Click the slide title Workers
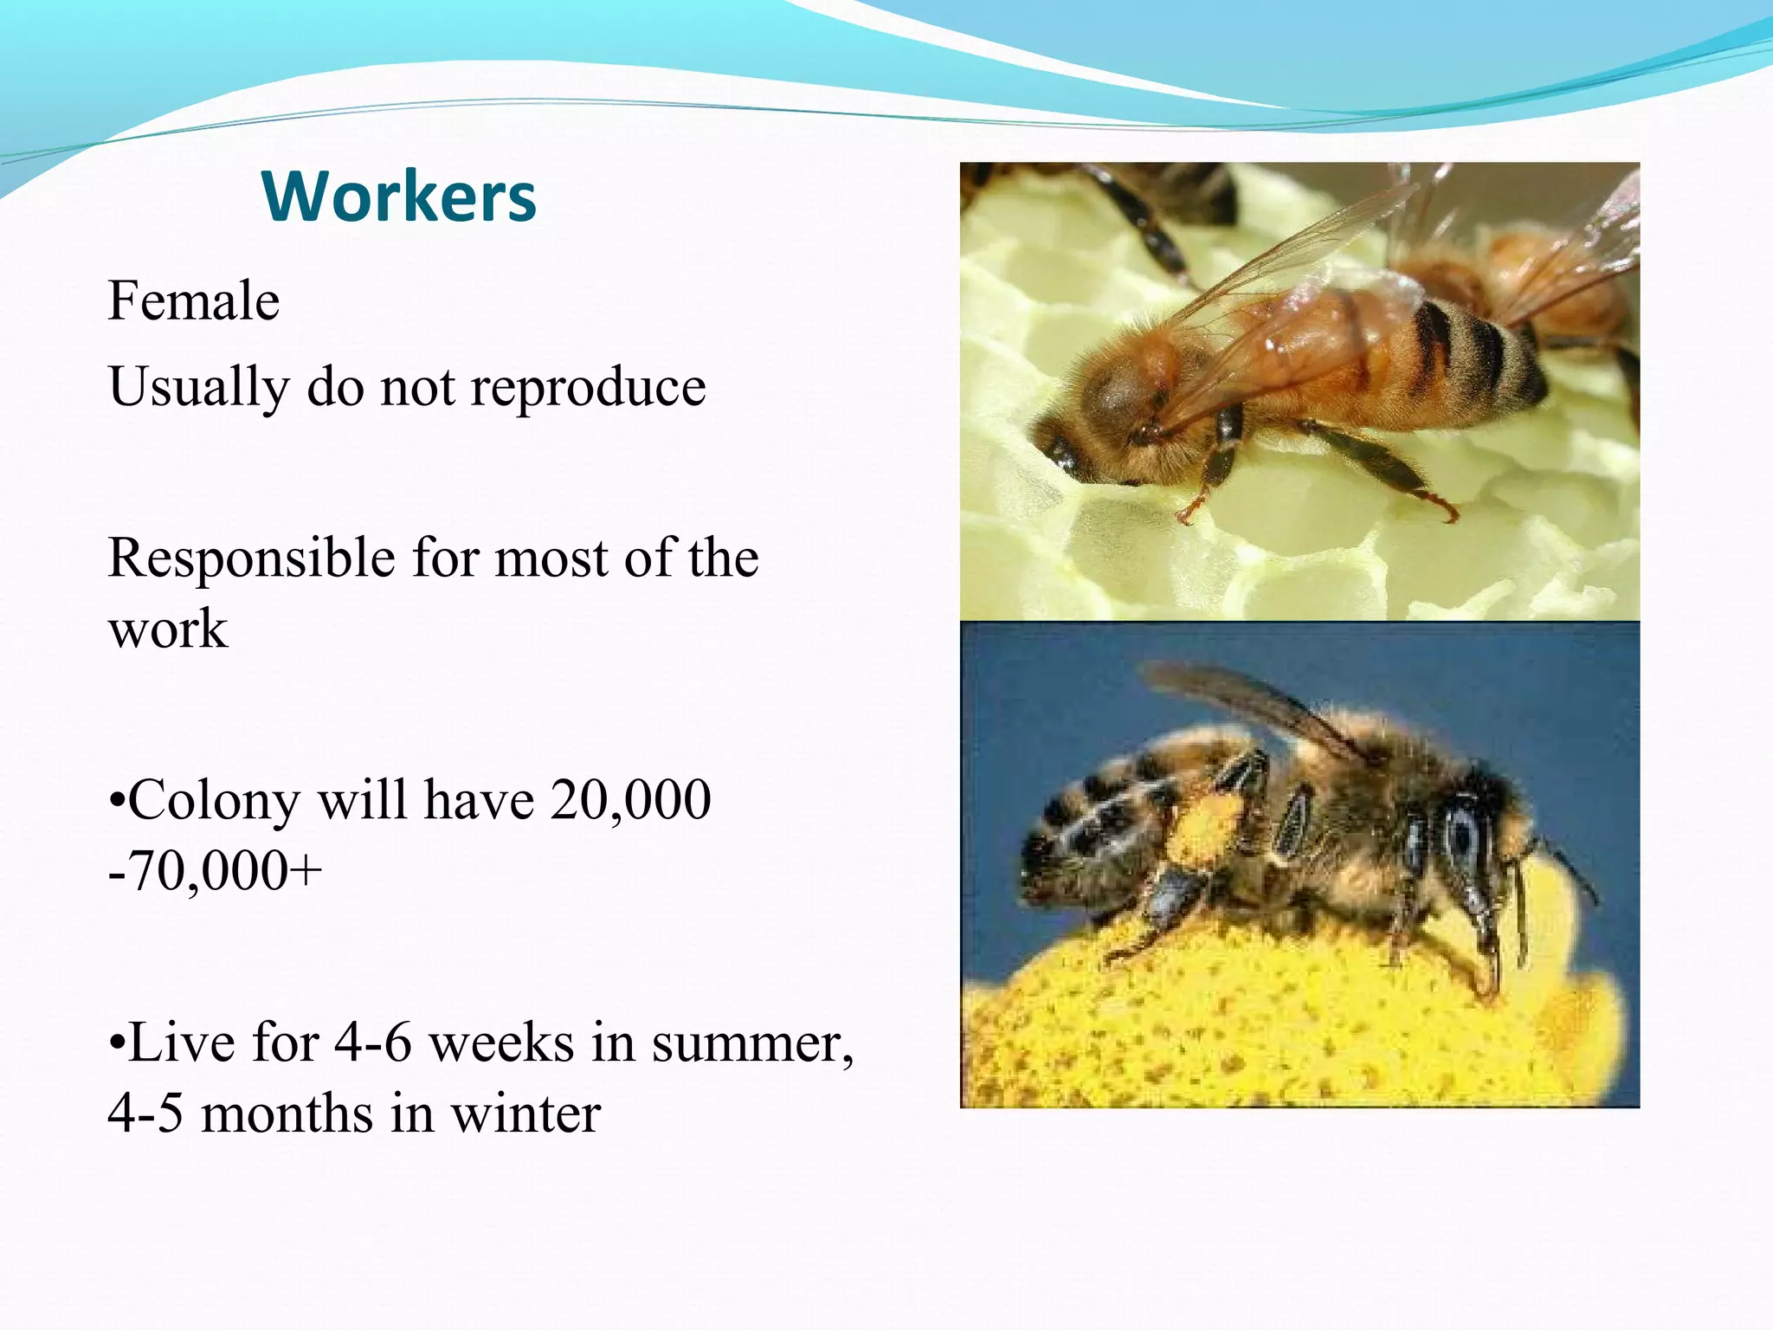coord(399,197)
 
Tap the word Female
coord(194,301)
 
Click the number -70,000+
coord(215,870)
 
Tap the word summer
coord(751,1043)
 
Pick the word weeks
coord(501,1043)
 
